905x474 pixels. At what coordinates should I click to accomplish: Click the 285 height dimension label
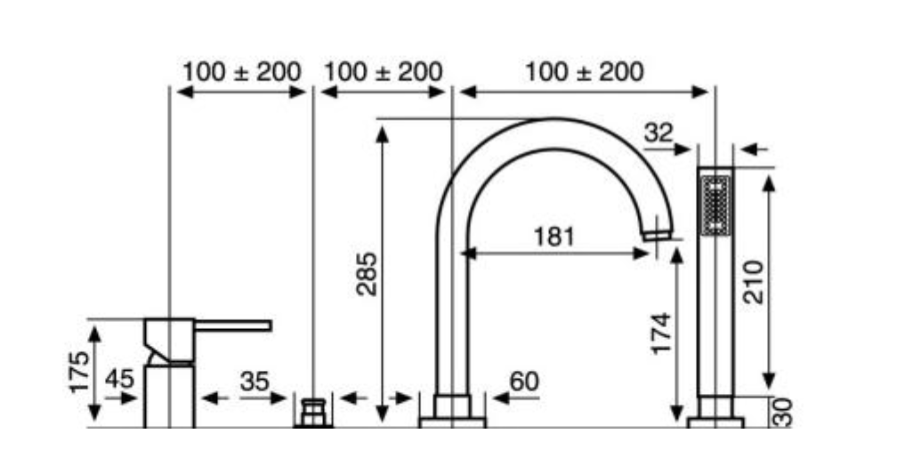click(x=367, y=274)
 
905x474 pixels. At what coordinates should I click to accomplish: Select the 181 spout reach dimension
click(x=554, y=237)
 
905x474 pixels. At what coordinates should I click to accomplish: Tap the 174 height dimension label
click(x=661, y=333)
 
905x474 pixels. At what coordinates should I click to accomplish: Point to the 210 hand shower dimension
click(x=753, y=282)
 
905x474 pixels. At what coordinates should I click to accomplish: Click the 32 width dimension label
click(x=659, y=133)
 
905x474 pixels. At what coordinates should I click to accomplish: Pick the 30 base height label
click(x=783, y=413)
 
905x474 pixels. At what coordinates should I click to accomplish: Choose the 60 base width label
click(x=524, y=382)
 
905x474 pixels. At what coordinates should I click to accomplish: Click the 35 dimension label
click(x=255, y=382)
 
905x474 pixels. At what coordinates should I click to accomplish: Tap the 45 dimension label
click(x=119, y=379)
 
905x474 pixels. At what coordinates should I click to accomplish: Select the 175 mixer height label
click(x=79, y=372)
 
